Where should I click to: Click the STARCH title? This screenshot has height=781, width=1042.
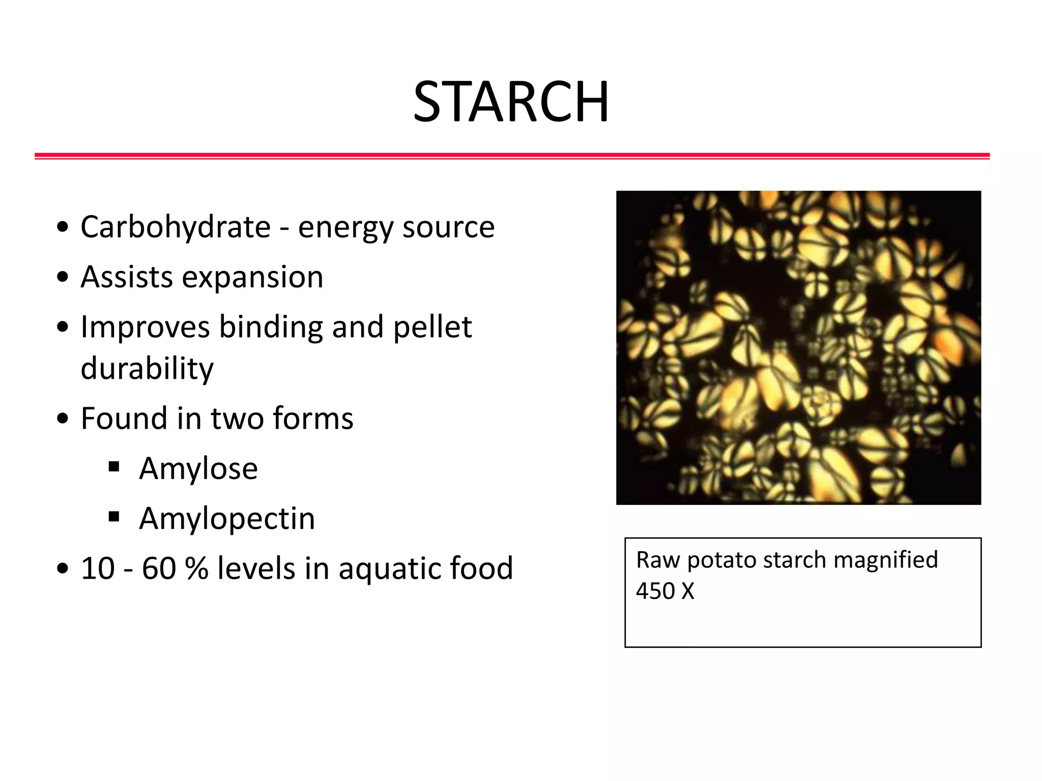[511, 102]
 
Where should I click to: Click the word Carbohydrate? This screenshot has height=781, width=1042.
[176, 227]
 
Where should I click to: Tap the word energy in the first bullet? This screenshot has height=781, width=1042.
[345, 228]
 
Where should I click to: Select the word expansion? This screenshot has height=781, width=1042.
[252, 278]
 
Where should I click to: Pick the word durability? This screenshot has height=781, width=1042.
[147, 369]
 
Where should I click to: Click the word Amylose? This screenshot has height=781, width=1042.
[198, 469]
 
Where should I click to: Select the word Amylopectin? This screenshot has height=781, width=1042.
[227, 519]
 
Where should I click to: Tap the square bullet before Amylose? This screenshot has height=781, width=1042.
[114, 467]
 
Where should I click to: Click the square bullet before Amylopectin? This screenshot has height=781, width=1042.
[114, 517]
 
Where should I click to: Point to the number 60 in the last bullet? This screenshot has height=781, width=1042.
[159, 568]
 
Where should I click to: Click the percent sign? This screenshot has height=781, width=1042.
[196, 568]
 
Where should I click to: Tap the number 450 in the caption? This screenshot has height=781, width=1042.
[655, 591]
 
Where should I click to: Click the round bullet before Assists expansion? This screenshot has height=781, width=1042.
[63, 278]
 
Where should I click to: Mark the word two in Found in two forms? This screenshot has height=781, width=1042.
[237, 419]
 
